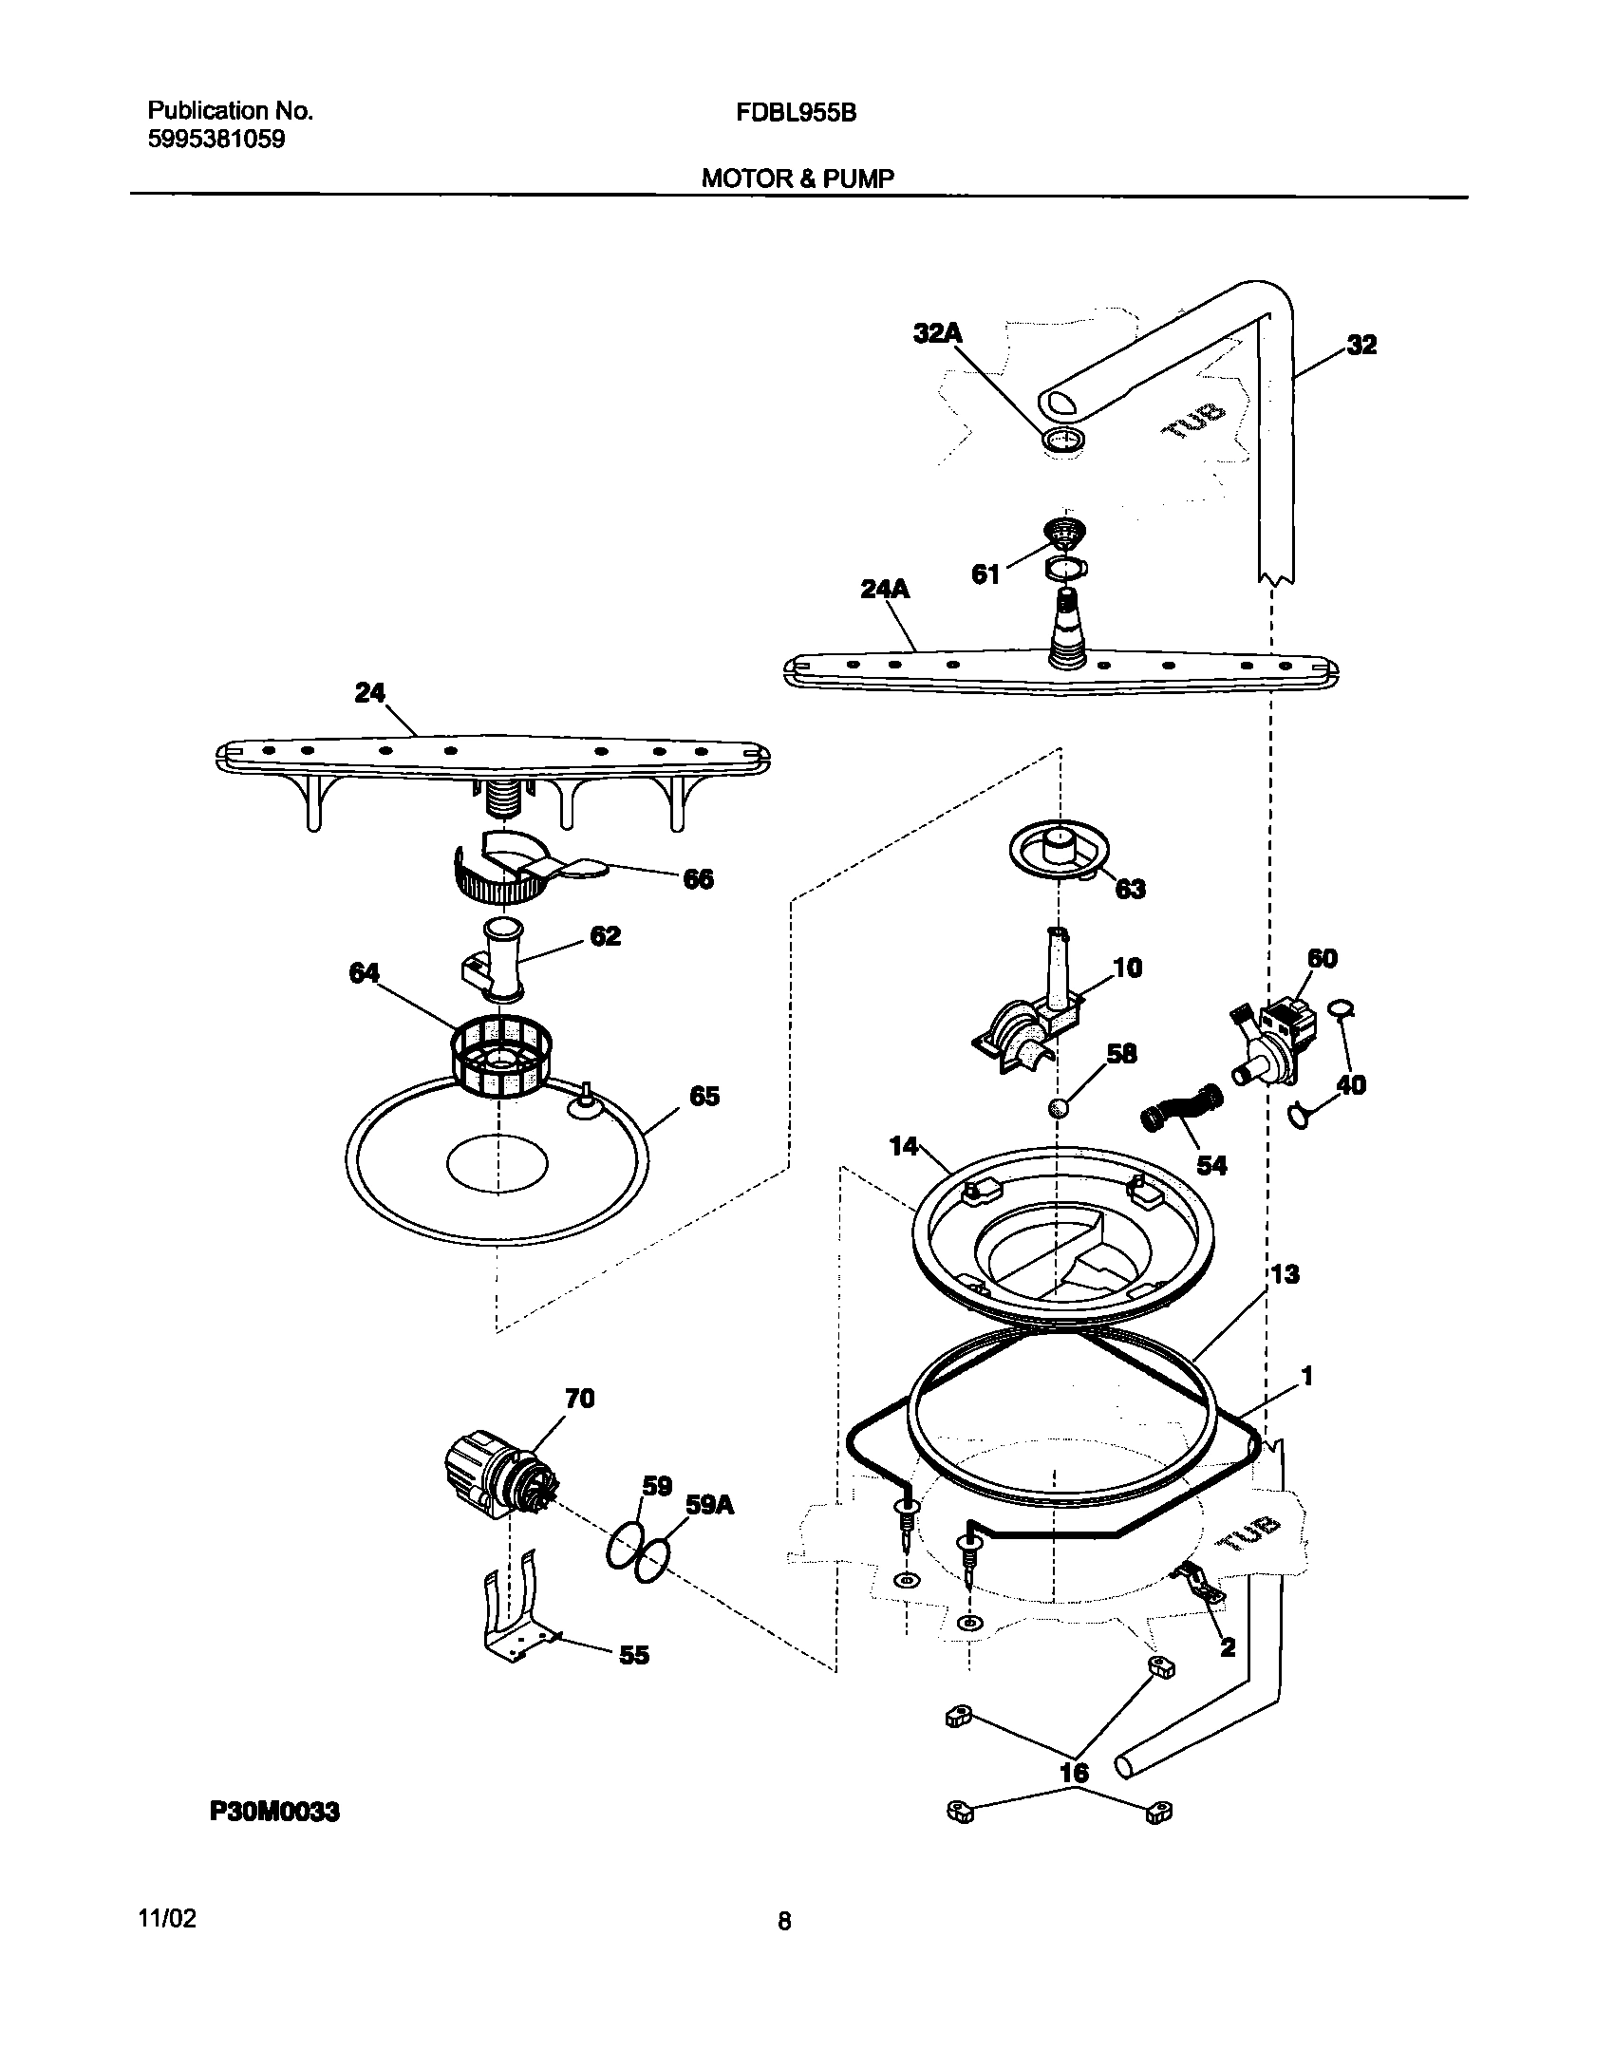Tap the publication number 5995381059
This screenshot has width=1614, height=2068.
tap(216, 140)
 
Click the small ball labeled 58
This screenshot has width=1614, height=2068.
tap(1059, 1107)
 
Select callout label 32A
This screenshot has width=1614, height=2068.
tap(938, 333)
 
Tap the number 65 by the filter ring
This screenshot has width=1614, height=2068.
tap(704, 1097)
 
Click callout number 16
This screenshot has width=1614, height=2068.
tap(1074, 1773)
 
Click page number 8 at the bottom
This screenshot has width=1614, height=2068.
tap(784, 1923)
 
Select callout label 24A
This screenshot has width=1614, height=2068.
tap(885, 590)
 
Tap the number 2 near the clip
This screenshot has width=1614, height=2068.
tap(1227, 1647)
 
